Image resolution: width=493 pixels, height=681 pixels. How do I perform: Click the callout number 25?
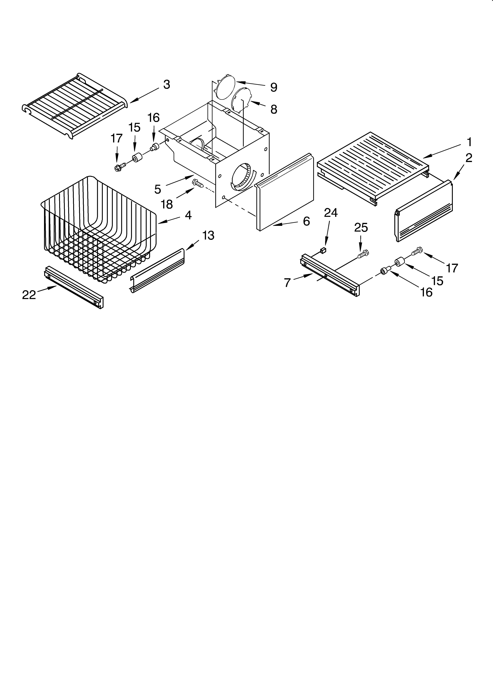[361, 228]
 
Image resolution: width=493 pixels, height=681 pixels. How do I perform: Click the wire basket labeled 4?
[99, 228]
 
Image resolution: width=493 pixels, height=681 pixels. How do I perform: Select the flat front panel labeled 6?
[284, 198]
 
